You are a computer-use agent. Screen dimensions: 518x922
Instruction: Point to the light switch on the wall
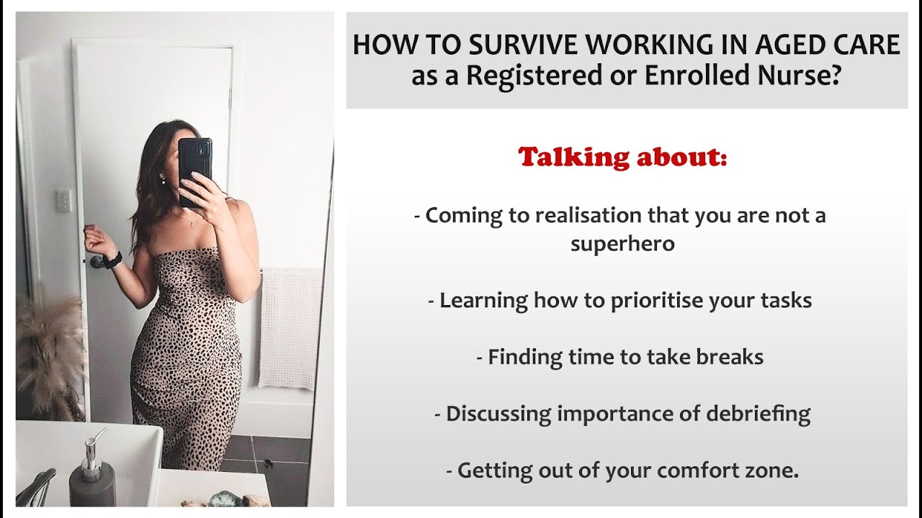[64, 201]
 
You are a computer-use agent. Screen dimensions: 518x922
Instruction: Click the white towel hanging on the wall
[290, 327]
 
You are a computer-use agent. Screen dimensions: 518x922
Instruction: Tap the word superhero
[622, 243]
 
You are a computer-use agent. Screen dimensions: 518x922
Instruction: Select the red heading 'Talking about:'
[622, 156]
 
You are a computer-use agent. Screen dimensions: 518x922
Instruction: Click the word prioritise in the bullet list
[664, 300]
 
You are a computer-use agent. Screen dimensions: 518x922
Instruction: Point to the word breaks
[729, 357]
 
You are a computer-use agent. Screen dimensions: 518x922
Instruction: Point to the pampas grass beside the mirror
[50, 353]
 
